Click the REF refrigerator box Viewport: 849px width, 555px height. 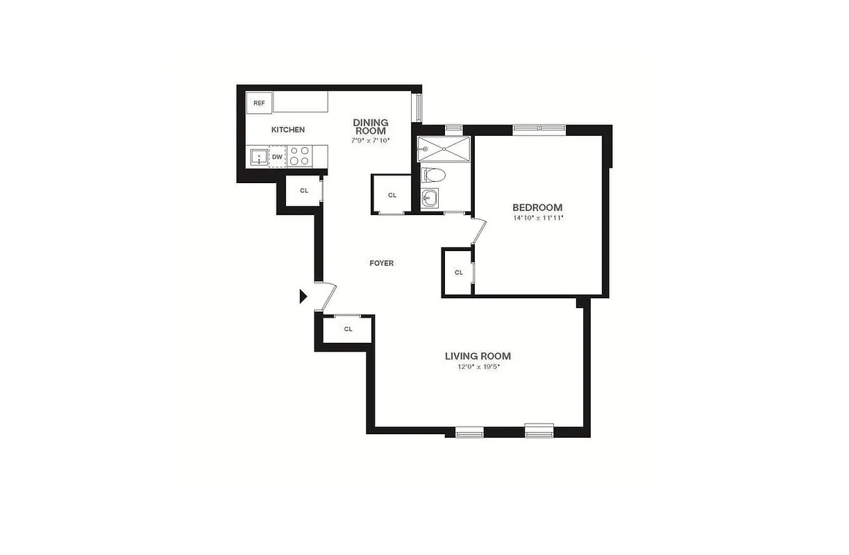point(259,103)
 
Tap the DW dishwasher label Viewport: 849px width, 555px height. point(277,157)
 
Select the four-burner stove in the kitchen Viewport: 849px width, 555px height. point(299,155)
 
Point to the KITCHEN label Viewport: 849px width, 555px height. point(287,130)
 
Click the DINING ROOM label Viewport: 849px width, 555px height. point(371,126)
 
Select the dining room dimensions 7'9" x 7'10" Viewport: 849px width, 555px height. point(371,140)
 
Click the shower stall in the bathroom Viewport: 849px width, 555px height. point(444,148)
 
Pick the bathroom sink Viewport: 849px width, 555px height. point(430,198)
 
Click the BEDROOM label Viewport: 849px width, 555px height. point(537,207)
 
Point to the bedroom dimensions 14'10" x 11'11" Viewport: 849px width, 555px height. point(537,218)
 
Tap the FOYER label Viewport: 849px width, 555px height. point(381,263)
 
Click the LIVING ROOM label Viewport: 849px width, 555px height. point(478,356)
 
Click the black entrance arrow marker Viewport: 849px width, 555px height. point(303,296)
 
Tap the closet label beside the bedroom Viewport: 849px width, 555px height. point(459,273)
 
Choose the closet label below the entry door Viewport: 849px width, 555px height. point(348,329)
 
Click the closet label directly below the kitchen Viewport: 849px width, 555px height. point(303,190)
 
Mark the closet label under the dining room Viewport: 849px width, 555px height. point(392,195)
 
